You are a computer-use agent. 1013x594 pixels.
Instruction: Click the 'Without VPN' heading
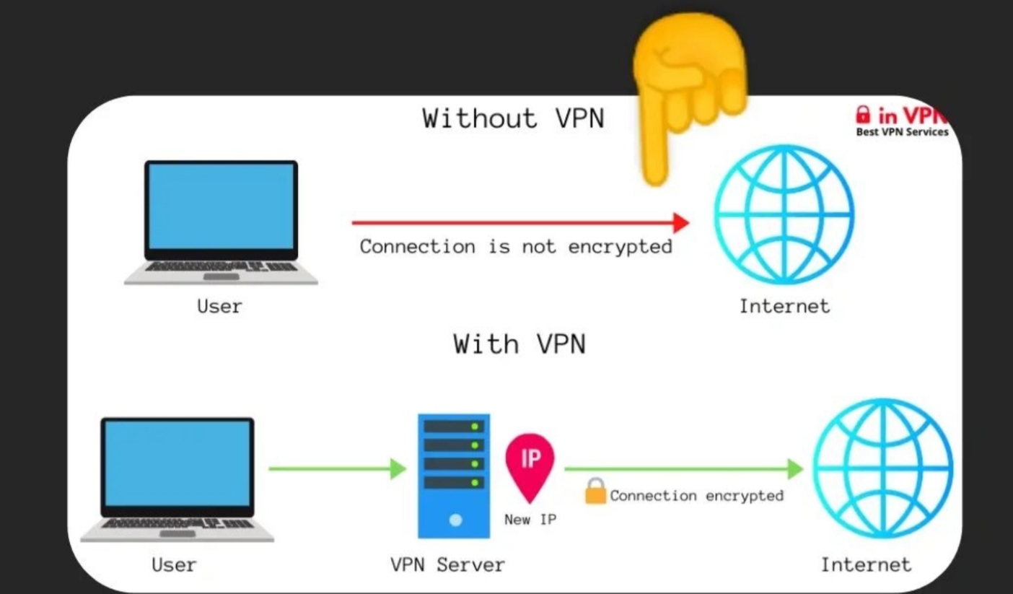[513, 118]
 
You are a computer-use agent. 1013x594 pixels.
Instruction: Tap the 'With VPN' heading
[519, 344]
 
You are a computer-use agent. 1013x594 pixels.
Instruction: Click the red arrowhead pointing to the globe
[680, 222]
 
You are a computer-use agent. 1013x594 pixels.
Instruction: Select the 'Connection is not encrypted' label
[515, 247]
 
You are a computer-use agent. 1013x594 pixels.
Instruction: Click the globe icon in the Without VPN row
[784, 214]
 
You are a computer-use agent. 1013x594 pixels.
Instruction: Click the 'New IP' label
[530, 519]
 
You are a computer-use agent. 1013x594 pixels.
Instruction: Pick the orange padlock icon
[595, 492]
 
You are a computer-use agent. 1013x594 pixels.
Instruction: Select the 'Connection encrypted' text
[696, 496]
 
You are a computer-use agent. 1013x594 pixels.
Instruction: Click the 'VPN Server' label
[447, 564]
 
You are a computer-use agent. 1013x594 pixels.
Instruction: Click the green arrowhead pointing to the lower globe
[794, 469]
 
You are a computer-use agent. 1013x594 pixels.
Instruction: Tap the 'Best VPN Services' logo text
[902, 132]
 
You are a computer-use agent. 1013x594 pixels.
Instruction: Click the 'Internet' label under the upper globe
[784, 306]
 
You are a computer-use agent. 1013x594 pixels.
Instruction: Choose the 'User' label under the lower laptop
[174, 564]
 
